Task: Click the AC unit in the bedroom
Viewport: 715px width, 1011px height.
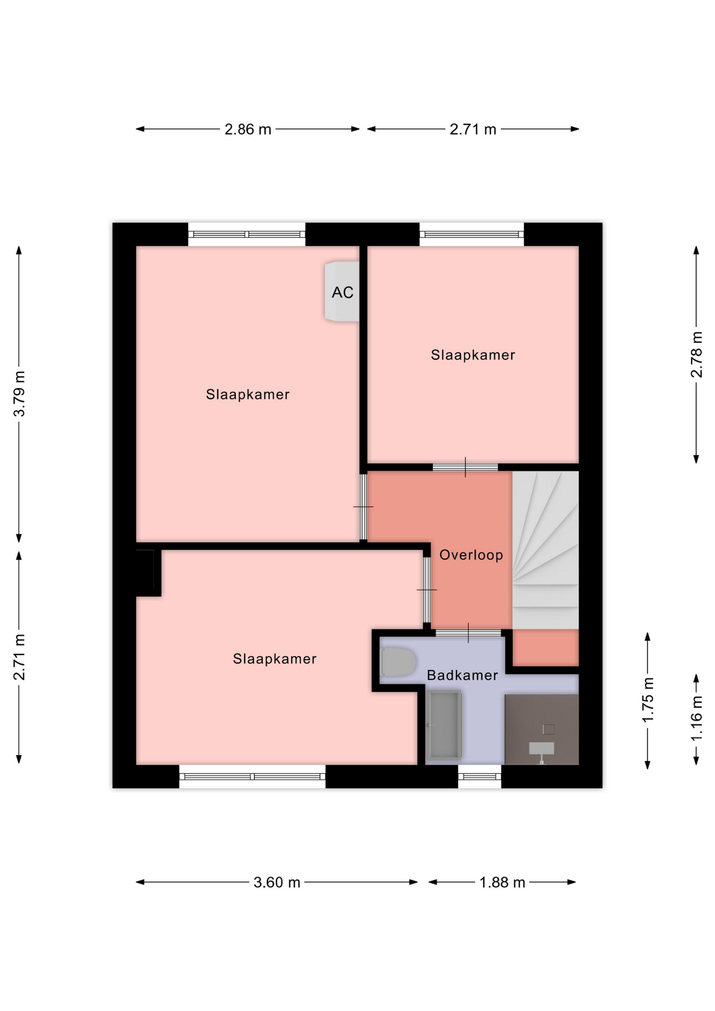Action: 342,291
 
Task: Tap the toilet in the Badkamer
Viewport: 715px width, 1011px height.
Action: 398,662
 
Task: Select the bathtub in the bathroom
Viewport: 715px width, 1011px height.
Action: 444,725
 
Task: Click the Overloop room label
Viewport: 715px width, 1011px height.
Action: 471,554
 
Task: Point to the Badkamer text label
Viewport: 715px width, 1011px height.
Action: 462,675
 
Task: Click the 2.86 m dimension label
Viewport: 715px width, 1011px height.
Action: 247,129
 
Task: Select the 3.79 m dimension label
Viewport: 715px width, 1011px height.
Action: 19,394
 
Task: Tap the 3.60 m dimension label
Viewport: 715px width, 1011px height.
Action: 276,882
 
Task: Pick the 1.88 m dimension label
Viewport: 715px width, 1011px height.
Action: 502,882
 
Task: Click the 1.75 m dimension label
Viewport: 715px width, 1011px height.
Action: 648,700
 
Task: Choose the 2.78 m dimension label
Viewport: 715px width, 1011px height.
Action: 696,354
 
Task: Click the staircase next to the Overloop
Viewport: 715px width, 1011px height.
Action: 545,550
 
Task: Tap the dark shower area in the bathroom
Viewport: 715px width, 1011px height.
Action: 542,729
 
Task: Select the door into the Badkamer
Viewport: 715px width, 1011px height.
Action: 468,633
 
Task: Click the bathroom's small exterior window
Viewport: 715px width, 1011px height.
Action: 479,777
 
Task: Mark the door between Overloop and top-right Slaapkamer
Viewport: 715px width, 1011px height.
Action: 465,467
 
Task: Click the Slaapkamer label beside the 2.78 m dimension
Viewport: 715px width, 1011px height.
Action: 472,355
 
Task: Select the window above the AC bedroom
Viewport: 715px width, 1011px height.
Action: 246,234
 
